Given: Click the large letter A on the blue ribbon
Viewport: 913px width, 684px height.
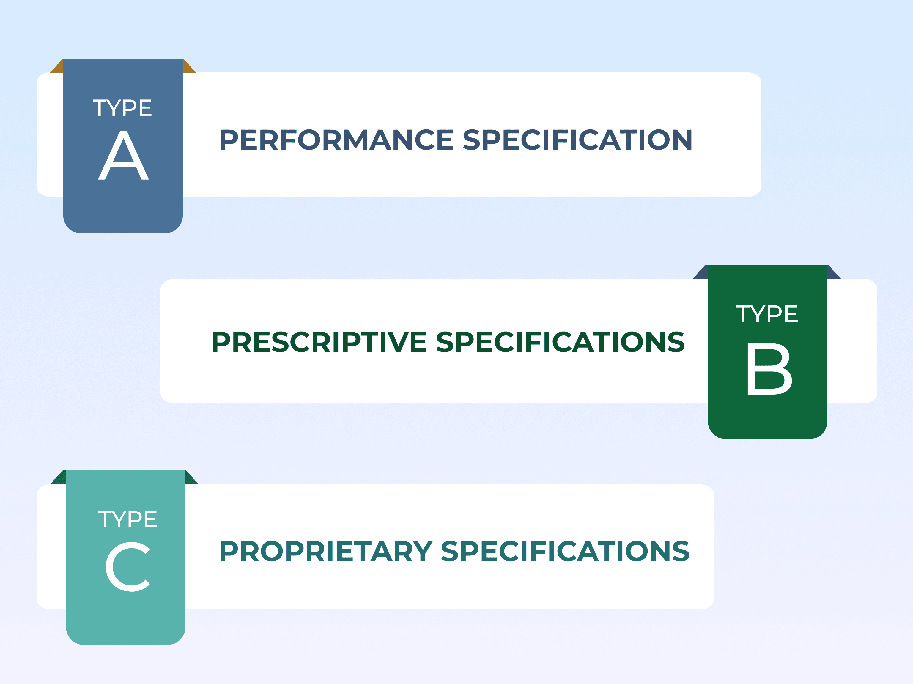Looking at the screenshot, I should coord(123,156).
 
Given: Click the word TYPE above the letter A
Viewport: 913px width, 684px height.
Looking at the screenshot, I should coord(122,108).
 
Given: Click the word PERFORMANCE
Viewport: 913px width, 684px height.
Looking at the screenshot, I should coord(336,140).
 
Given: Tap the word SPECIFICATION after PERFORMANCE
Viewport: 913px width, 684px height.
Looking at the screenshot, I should coord(577,140).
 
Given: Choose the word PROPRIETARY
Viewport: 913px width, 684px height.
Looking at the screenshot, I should coord(326,552).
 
